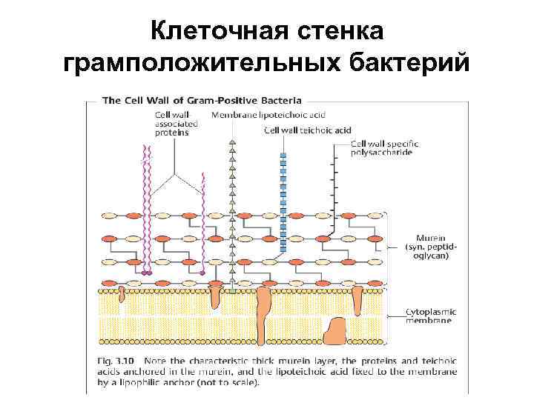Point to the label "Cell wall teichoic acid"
click(308, 130)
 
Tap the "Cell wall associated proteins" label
click(172, 124)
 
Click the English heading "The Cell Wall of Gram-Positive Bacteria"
click(201, 99)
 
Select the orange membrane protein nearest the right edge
click(357, 300)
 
